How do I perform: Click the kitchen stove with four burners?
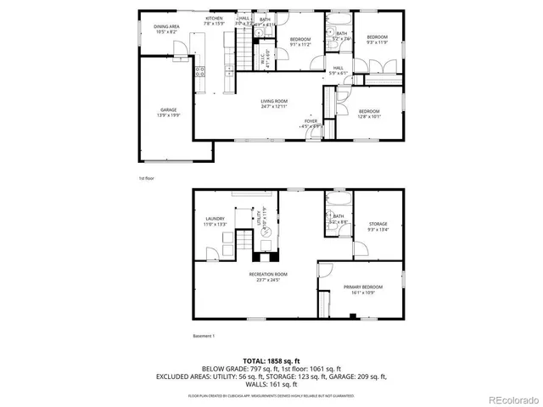[200, 70]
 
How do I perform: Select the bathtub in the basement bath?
[336, 201]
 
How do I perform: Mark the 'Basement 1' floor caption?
[204, 336]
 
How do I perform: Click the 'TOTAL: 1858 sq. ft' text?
[271, 361]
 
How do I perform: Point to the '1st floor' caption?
[147, 178]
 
